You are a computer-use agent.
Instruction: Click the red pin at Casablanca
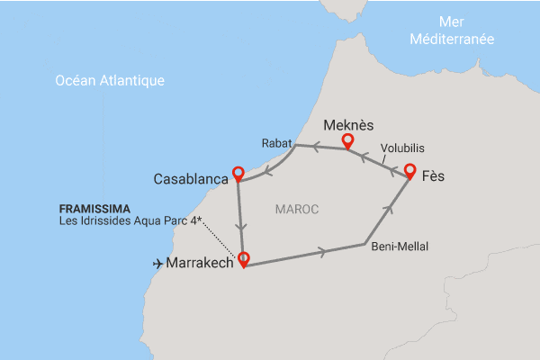238,173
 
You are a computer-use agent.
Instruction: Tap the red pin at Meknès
347,142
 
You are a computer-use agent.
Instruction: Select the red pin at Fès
409,171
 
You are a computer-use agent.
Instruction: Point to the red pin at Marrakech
241,259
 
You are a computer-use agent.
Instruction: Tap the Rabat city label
276,143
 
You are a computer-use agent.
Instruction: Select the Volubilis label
402,148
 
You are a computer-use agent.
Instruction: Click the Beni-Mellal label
399,246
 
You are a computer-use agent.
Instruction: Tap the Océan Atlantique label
110,81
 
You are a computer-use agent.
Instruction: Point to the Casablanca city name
190,179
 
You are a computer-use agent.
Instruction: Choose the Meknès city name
348,125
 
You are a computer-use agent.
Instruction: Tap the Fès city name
435,178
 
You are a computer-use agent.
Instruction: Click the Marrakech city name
201,264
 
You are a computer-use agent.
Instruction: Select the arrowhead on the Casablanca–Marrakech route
240,223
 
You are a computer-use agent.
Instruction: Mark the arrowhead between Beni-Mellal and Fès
389,211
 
